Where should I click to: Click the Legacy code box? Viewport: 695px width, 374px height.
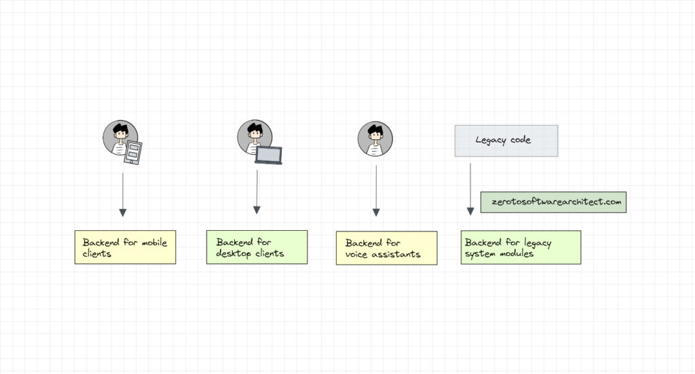(x=506, y=141)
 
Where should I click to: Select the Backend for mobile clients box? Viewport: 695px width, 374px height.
(x=125, y=248)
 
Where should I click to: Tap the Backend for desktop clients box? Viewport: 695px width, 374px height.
(x=257, y=248)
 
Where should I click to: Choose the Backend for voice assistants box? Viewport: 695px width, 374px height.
(x=386, y=248)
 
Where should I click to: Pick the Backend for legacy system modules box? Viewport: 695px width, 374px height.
(x=521, y=247)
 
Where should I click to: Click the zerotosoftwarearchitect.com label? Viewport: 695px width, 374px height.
(x=553, y=202)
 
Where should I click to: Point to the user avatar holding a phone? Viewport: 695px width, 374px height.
(x=120, y=138)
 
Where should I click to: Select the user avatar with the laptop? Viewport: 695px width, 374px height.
(x=255, y=137)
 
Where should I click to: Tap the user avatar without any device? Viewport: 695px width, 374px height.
(x=375, y=139)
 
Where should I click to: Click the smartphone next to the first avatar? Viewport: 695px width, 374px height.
(x=133, y=153)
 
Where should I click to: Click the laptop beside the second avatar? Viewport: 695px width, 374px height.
(x=268, y=155)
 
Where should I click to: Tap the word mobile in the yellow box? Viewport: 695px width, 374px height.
(x=153, y=242)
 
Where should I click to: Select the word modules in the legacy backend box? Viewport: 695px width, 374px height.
(x=515, y=254)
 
